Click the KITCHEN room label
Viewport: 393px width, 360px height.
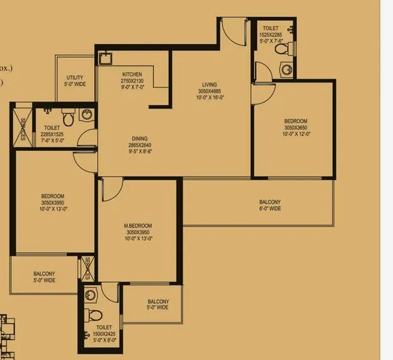pyautogui.click(x=132, y=75)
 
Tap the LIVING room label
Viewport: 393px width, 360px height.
pyautogui.click(x=209, y=84)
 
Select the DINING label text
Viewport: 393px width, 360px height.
pyautogui.click(x=140, y=138)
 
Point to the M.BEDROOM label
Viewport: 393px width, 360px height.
pyautogui.click(x=138, y=225)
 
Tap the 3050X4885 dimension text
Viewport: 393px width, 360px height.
pyautogui.click(x=209, y=91)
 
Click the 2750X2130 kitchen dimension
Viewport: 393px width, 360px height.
pyautogui.click(x=132, y=81)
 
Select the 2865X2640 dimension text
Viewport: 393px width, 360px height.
pyautogui.click(x=140, y=145)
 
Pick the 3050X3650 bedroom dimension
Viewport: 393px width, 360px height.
pyautogui.click(x=295, y=127)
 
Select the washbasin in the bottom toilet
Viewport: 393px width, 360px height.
pyautogui.click(x=92, y=295)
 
